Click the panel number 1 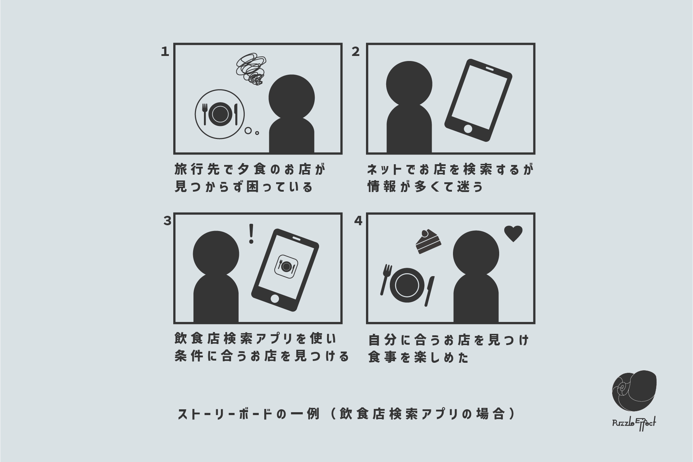165,52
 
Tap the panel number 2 356,52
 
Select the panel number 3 167,221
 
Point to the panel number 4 358,221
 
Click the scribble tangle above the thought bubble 251,69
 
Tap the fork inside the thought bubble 205,113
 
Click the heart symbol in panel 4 513,234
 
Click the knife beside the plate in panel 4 430,291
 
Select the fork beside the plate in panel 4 385,279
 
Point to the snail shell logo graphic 634,393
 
